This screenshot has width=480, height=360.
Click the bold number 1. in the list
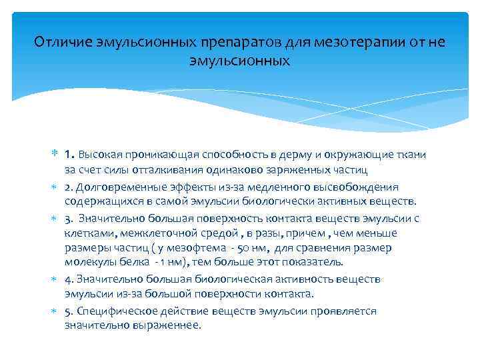pos(70,155)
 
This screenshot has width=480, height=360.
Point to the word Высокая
pos(101,155)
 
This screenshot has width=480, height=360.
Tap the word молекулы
pos(87,263)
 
